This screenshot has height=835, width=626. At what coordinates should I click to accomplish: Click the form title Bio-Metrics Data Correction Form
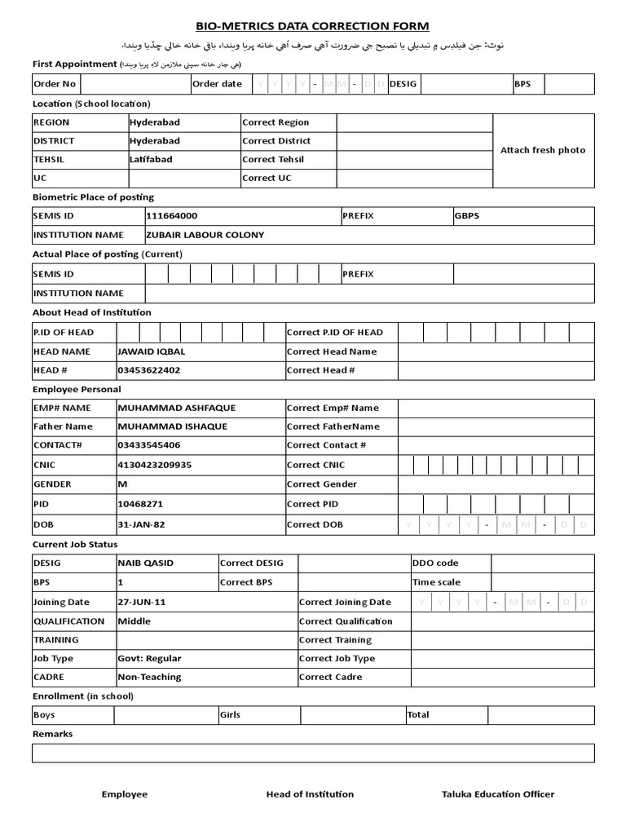click(x=312, y=26)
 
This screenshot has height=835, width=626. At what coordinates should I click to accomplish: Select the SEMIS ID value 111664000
click(x=171, y=216)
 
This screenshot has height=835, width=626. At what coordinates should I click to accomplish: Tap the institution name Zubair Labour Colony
click(x=205, y=235)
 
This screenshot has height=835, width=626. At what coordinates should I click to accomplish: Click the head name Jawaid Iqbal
click(x=152, y=351)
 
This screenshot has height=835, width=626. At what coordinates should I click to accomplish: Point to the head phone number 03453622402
click(x=149, y=370)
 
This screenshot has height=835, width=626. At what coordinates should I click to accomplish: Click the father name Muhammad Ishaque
click(x=173, y=426)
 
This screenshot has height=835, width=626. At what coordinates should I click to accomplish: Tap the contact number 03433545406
click(x=149, y=445)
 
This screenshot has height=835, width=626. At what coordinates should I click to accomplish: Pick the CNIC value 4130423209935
click(x=155, y=465)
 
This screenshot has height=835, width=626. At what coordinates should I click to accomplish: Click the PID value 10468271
click(x=140, y=504)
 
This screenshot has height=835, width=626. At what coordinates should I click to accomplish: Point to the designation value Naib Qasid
click(x=146, y=563)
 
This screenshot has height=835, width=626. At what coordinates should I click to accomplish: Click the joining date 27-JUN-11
click(x=143, y=602)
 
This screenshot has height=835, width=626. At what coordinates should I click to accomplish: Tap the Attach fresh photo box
click(x=543, y=150)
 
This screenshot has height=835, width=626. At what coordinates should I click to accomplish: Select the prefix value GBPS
click(x=468, y=216)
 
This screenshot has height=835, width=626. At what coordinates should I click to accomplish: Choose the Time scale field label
click(x=436, y=582)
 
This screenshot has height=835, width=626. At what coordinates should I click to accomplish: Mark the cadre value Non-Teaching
click(x=149, y=677)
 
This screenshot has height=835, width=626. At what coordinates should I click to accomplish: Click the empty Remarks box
click(x=313, y=753)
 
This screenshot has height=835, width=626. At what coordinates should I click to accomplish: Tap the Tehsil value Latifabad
click(x=151, y=160)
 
